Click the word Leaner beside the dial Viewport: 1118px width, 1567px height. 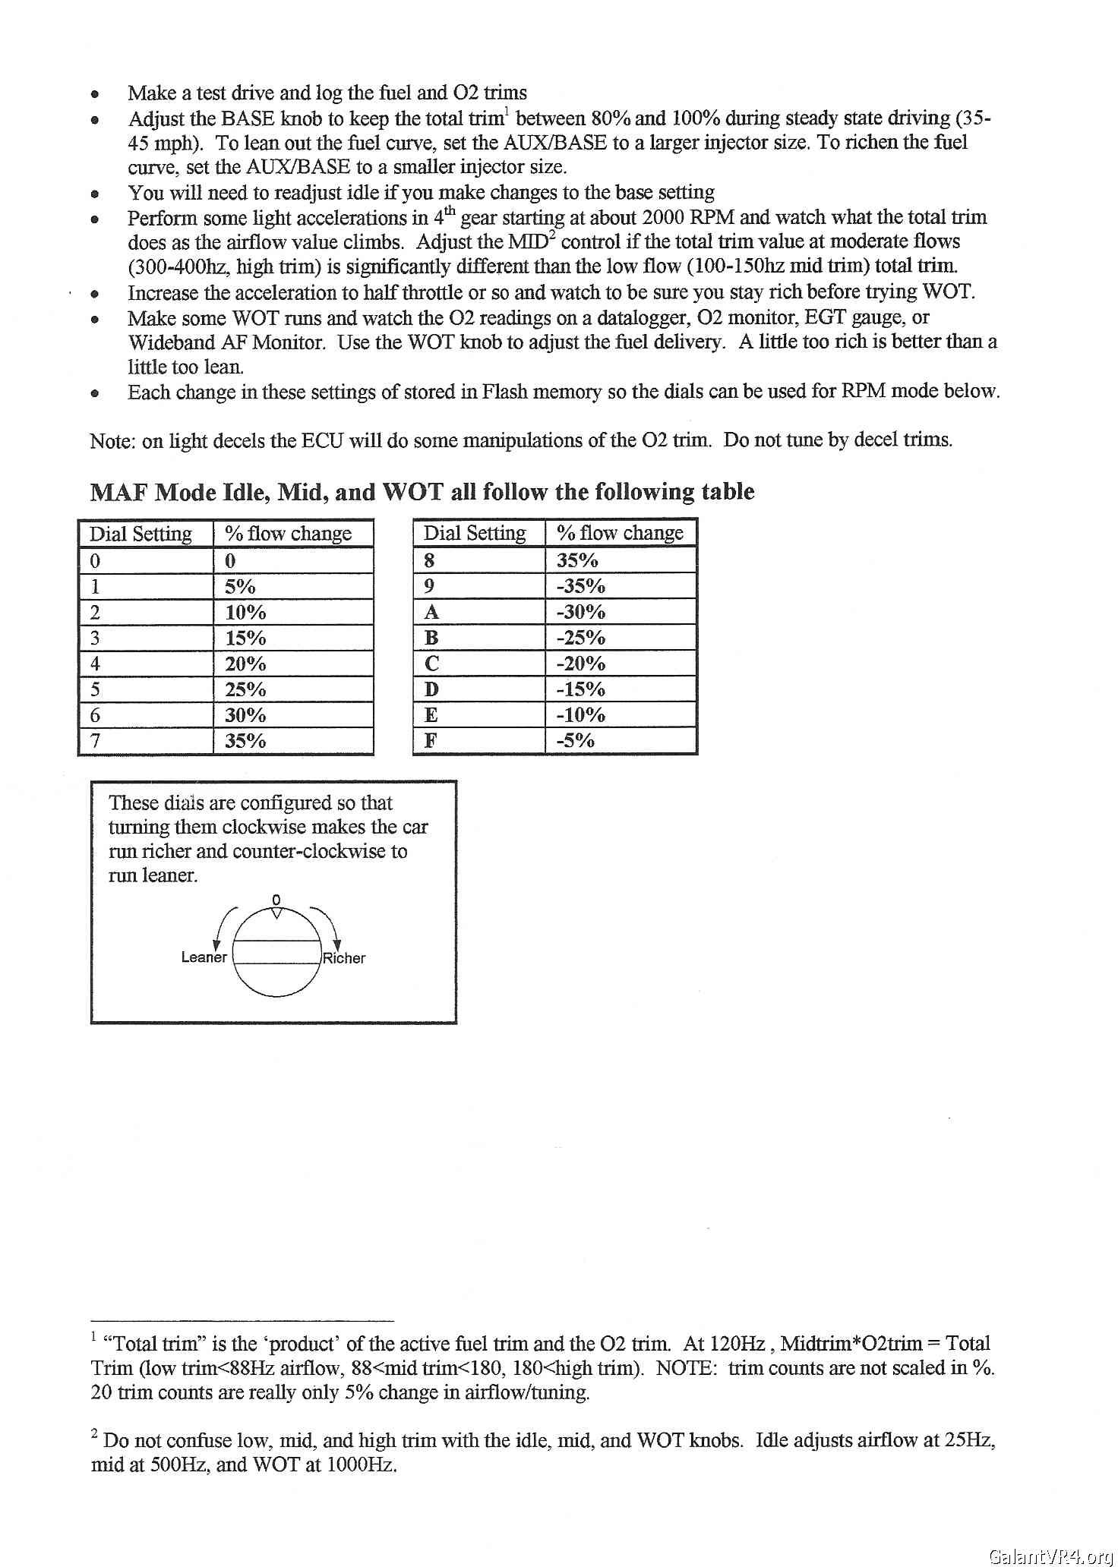click(x=204, y=957)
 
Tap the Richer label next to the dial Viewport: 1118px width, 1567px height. click(x=344, y=958)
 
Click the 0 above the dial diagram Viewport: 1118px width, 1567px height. click(x=276, y=900)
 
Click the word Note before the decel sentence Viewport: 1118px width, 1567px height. click(x=111, y=441)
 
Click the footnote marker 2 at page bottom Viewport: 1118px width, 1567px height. click(x=94, y=1434)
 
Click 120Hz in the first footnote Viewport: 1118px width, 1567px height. click(x=737, y=1344)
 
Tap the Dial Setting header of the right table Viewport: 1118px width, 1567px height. click(x=475, y=533)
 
